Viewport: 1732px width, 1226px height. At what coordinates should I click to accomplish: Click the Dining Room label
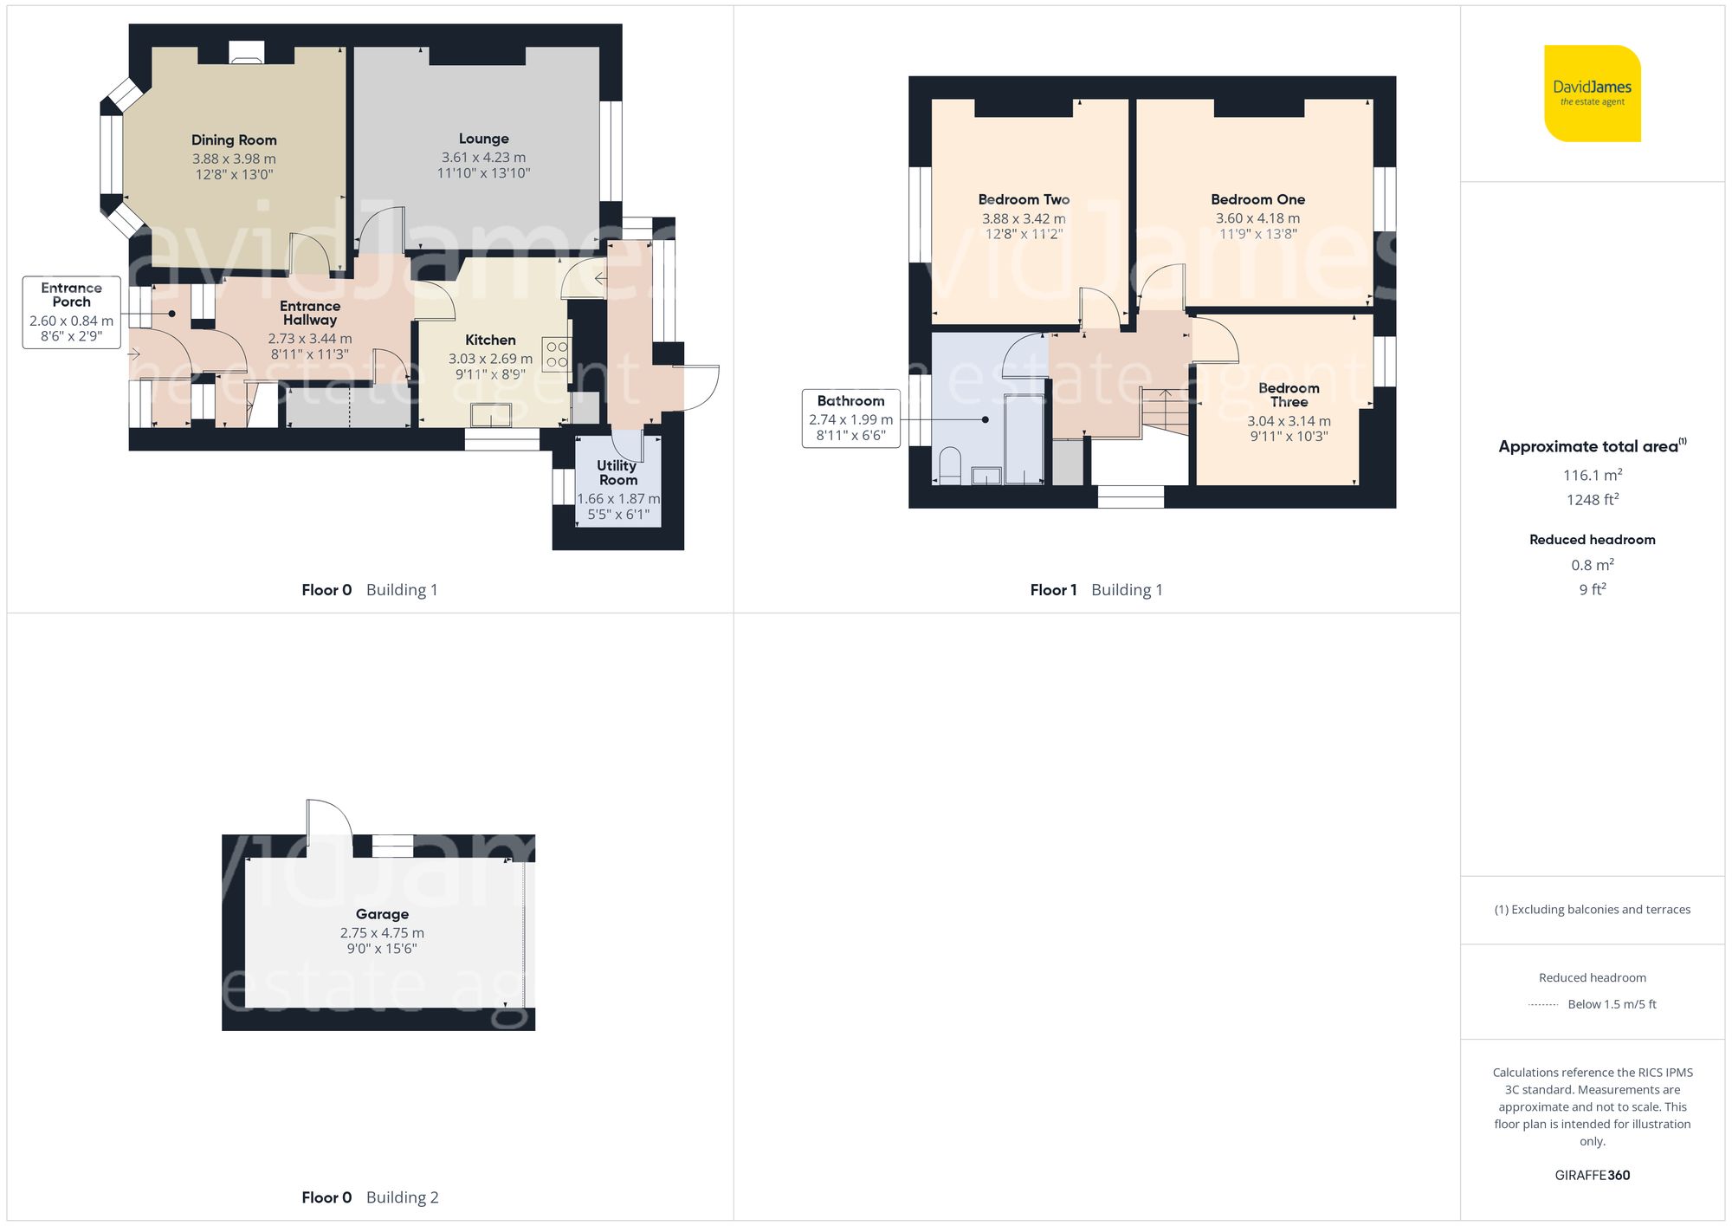pyautogui.click(x=234, y=139)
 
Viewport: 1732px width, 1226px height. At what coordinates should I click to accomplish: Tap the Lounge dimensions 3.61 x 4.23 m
pyautogui.click(x=483, y=158)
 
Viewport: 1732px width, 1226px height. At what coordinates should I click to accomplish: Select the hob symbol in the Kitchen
pyautogui.click(x=557, y=354)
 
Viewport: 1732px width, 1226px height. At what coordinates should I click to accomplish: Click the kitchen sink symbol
pyautogui.click(x=491, y=416)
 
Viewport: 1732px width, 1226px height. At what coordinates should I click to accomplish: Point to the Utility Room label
pyautogui.click(x=617, y=472)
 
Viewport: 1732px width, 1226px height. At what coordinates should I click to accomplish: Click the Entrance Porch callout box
pyautogui.click(x=71, y=312)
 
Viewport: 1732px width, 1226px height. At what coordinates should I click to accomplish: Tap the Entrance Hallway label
pyautogui.click(x=310, y=313)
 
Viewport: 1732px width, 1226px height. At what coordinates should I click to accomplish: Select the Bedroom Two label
pyautogui.click(x=1024, y=199)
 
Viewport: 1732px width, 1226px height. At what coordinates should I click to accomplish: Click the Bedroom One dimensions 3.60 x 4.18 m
pyautogui.click(x=1257, y=218)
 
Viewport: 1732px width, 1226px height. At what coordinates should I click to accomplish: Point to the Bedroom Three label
pyautogui.click(x=1289, y=395)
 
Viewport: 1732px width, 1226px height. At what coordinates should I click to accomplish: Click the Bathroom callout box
pyautogui.click(x=850, y=418)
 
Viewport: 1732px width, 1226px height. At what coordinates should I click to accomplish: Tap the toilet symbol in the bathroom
pyautogui.click(x=950, y=464)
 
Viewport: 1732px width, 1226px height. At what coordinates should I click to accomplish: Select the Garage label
pyautogui.click(x=382, y=914)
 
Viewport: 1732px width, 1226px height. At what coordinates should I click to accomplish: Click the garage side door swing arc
pyautogui.click(x=333, y=814)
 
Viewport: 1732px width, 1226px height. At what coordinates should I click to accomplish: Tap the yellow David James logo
pyautogui.click(x=1592, y=94)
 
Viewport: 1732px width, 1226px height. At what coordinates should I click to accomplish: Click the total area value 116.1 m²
pyautogui.click(x=1592, y=475)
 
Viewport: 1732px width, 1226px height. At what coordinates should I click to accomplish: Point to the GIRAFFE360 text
pyautogui.click(x=1592, y=1175)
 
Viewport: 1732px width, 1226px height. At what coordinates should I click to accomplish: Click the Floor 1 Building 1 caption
pyautogui.click(x=1095, y=590)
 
